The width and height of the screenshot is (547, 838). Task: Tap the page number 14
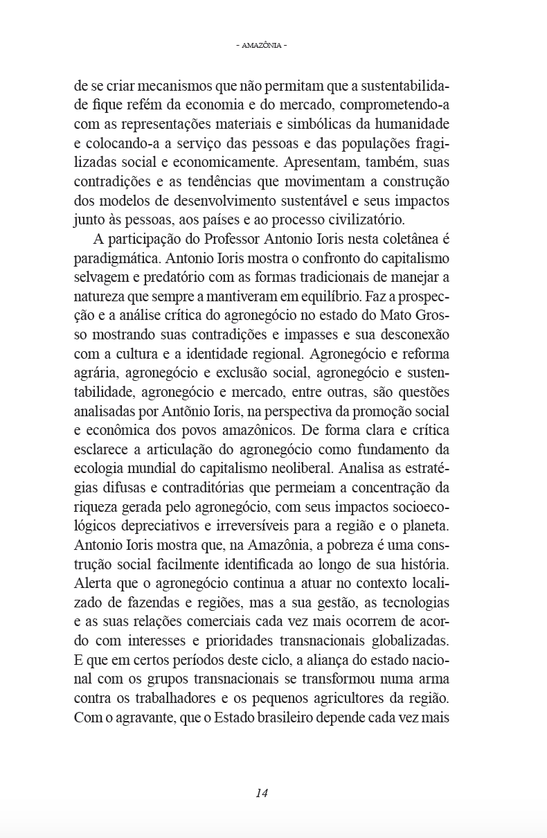262,793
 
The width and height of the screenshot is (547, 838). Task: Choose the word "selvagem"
100,277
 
